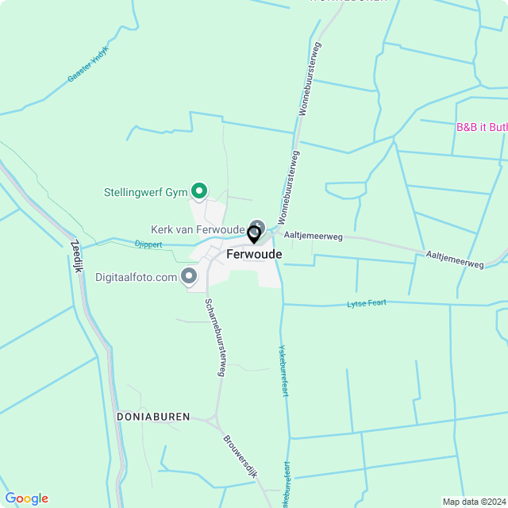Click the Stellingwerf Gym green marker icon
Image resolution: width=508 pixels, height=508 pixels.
200,190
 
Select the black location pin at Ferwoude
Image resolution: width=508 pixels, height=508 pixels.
254,235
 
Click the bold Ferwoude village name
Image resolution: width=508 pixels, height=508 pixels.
254,254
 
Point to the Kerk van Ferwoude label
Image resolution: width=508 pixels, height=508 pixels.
198,229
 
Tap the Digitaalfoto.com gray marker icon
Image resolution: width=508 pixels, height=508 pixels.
189,276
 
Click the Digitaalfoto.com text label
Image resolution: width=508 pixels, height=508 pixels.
136,277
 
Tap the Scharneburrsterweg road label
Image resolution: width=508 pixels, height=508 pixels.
215,337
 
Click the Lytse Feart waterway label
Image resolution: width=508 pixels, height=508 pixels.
367,304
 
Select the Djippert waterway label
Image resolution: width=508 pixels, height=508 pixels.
148,244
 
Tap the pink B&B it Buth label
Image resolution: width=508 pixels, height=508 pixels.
481,127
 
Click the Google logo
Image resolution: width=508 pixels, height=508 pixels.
26,498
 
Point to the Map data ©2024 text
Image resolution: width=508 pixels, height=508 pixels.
473,502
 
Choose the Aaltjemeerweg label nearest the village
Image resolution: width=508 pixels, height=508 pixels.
313,236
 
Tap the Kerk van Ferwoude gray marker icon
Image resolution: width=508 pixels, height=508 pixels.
256,225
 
